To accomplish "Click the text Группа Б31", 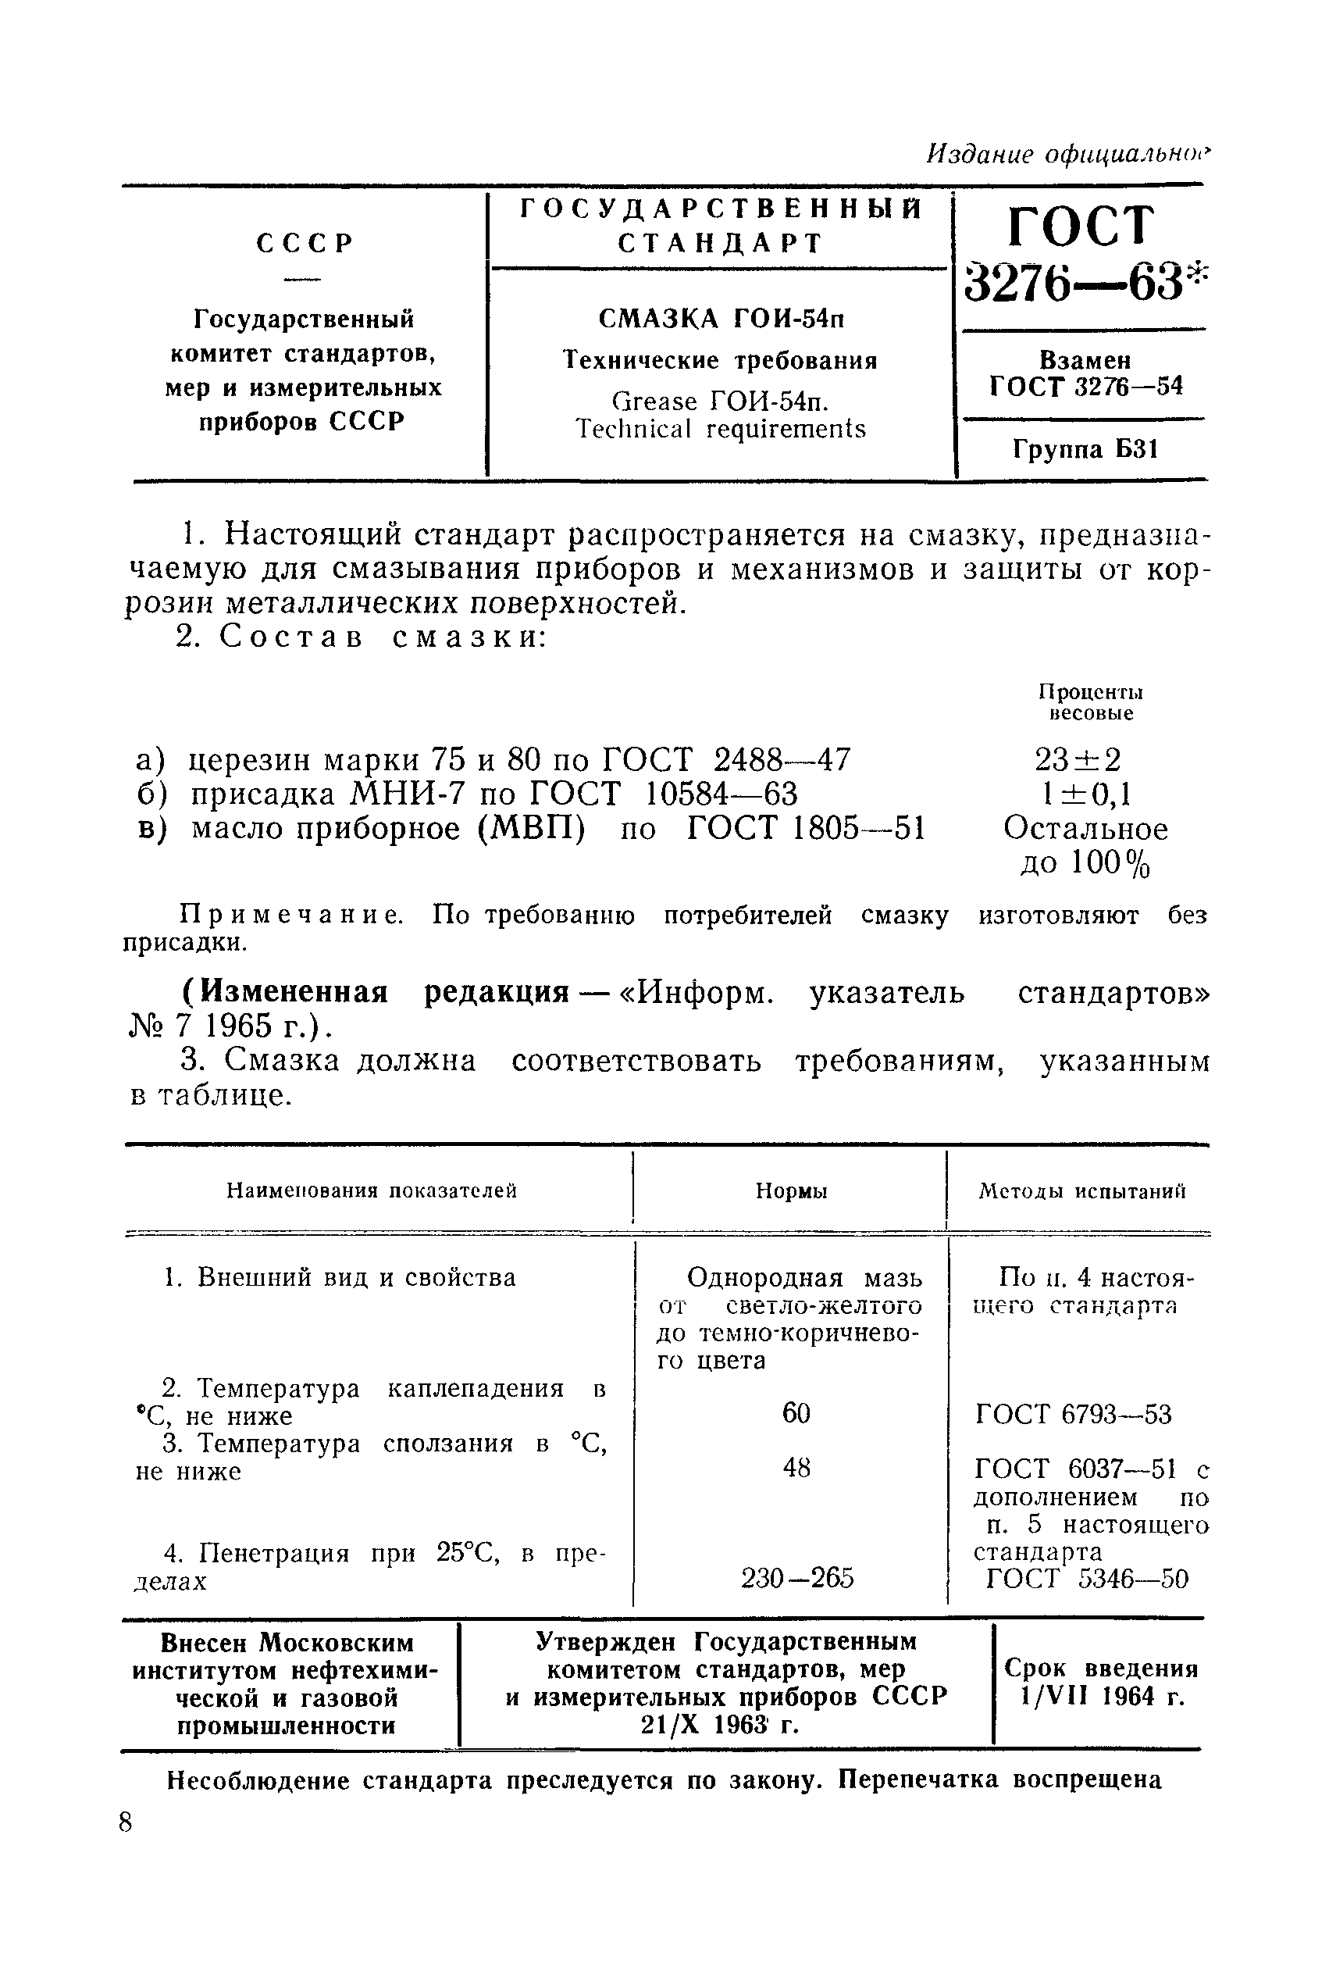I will pos(1084,448).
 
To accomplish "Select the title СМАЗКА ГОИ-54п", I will pos(722,319).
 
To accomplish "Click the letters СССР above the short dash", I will pos(305,244).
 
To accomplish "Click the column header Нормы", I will pos(791,1191).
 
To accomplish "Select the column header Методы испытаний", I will pos(1081,1191).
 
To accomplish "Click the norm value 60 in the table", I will pos(796,1412).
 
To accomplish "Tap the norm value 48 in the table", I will pos(796,1467).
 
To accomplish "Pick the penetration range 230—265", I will pos(796,1578).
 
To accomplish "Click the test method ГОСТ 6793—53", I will pos(1073,1415).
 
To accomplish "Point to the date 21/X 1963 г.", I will pos(720,1725).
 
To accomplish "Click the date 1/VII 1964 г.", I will pos(1102,1697).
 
